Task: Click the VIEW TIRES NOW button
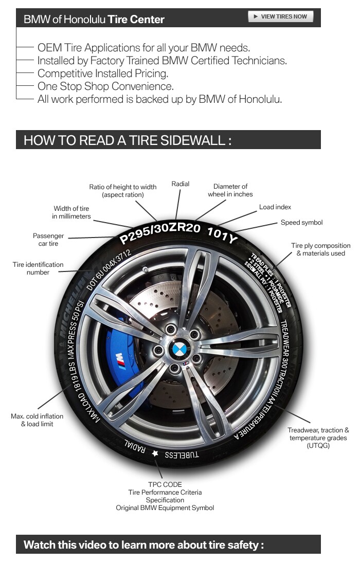[280, 16]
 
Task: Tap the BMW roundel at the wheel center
[179, 352]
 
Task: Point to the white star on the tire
[155, 453]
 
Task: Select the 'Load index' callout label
[275, 207]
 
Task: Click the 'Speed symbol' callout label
[301, 223]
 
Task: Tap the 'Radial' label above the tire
[181, 184]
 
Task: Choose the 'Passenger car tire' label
[48, 240]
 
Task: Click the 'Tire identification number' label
[38, 268]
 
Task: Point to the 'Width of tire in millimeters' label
[71, 212]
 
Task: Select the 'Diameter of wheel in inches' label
[230, 190]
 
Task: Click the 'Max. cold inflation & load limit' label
[37, 420]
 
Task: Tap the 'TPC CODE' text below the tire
[165, 484]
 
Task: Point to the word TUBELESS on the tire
[182, 455]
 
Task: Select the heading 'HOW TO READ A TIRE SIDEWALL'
[127, 140]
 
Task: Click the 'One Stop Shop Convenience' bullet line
[105, 86]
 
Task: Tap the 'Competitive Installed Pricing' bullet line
[103, 74]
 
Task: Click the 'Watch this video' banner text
[143, 544]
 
